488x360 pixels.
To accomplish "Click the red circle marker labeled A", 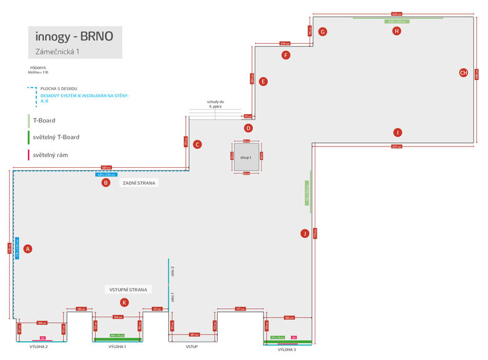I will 27,249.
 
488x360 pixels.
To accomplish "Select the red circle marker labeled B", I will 106,183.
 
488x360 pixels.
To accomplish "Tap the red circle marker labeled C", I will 197,145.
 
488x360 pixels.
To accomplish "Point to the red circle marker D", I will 248,128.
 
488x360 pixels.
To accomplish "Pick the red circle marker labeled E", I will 263,81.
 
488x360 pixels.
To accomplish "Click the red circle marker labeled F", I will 286,55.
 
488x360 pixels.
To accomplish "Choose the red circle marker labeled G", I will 323,31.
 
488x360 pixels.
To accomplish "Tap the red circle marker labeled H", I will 396,31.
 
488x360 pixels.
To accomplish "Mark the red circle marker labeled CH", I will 464,73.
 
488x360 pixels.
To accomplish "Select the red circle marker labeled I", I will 397,132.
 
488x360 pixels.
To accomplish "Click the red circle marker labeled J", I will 305,234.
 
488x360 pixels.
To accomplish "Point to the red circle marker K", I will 125,302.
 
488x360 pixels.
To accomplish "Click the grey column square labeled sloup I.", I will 246,157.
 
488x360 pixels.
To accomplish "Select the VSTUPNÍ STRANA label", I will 128,290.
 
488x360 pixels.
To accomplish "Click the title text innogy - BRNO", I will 74,36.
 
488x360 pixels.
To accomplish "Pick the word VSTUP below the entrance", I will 192,346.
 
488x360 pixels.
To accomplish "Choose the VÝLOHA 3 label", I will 287,349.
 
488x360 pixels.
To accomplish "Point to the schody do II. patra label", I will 216,104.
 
